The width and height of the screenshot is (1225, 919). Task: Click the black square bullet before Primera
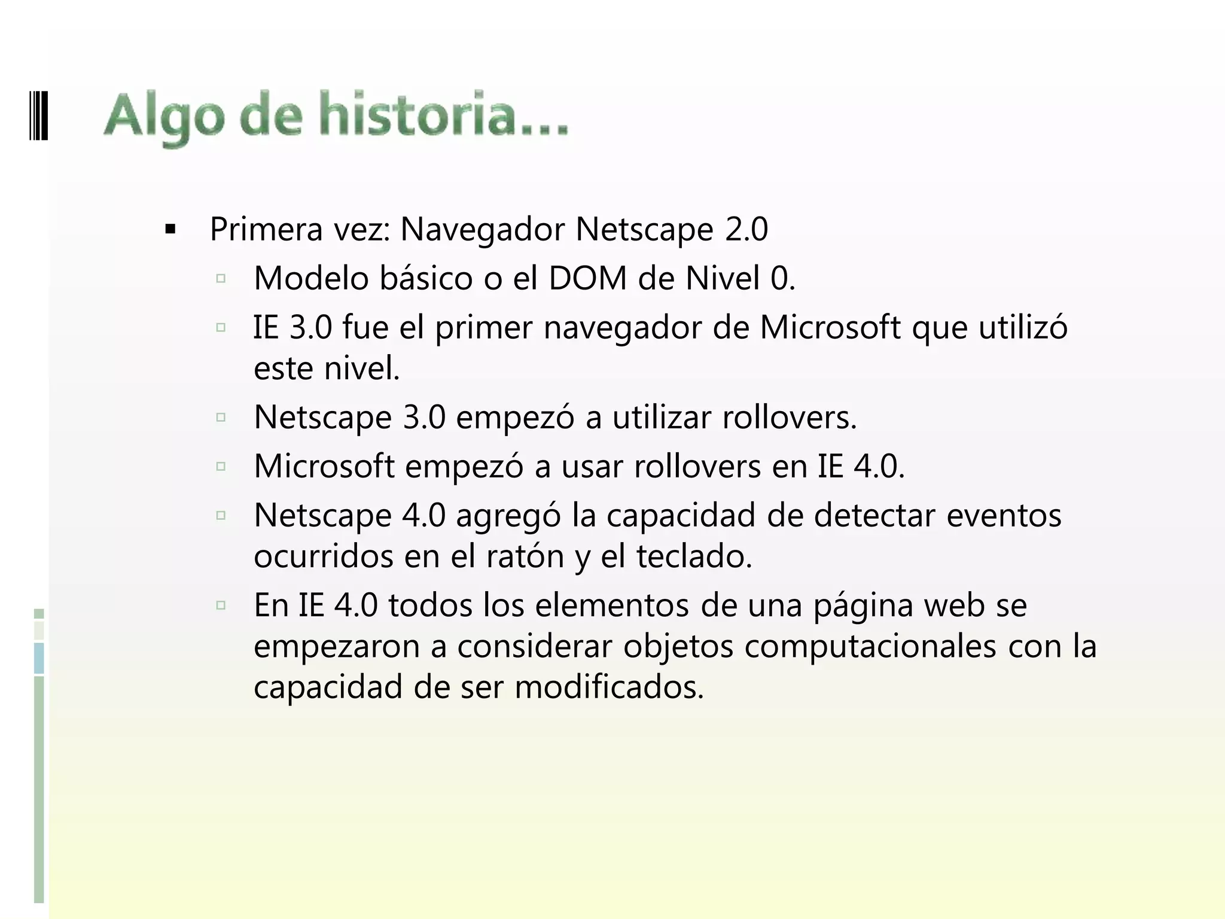pyautogui.click(x=170, y=229)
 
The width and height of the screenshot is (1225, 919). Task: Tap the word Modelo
pyautogui.click(x=311, y=278)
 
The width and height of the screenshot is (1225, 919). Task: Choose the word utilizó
pyautogui.click(x=1022, y=328)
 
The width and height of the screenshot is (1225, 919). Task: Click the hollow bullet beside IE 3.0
pyautogui.click(x=221, y=327)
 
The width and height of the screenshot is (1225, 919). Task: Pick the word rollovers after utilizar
pyautogui.click(x=790, y=417)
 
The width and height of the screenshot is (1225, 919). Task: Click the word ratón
pyautogui.click(x=525, y=556)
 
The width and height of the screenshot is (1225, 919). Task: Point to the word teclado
pyautogui.click(x=694, y=556)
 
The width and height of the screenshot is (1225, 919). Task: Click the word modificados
pyautogui.click(x=609, y=687)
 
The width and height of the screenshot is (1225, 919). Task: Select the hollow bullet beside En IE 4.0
pyautogui.click(x=221, y=605)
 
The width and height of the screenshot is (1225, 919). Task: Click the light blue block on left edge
pyautogui.click(x=39, y=658)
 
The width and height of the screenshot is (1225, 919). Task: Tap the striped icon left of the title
pyautogui.click(x=38, y=115)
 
